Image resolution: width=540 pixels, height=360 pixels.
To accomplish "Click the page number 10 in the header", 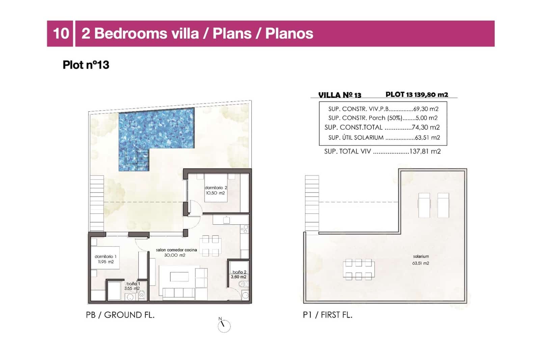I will click(x=61, y=33).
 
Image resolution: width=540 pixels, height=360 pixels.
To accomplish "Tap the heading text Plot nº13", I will click(x=86, y=65).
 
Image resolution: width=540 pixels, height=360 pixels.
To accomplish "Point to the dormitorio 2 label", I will click(x=216, y=187).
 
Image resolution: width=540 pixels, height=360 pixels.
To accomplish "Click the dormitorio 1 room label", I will click(x=105, y=257).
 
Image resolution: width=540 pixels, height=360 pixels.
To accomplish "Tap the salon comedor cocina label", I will click(x=176, y=250).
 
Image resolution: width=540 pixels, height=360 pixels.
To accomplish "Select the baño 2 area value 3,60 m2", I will click(x=238, y=277).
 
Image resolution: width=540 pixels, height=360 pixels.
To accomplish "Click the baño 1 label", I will click(x=133, y=284).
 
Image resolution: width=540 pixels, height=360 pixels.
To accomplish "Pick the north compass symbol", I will click(x=223, y=326).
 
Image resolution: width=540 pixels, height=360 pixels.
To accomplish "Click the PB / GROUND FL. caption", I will click(x=120, y=315).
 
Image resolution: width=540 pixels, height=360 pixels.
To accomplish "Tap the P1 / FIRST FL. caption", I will click(x=327, y=315).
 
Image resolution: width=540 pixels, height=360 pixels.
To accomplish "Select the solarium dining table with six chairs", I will click(x=358, y=269).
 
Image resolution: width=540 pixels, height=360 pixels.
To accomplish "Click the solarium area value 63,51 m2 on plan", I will click(x=421, y=263).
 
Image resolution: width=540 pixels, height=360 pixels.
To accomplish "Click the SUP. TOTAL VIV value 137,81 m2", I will click(x=425, y=151).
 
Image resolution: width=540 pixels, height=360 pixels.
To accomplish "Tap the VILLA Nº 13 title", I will click(x=340, y=95).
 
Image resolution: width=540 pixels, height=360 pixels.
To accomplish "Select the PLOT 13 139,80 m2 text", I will click(x=417, y=95).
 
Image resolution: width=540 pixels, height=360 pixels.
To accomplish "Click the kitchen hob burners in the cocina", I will click(x=244, y=229).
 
